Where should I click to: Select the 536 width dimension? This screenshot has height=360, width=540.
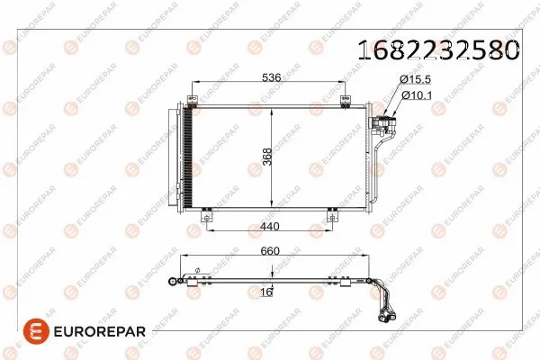[x=272, y=77]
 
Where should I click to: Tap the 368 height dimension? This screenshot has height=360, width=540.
[x=266, y=157]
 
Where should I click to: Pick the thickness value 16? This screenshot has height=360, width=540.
[x=266, y=292]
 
